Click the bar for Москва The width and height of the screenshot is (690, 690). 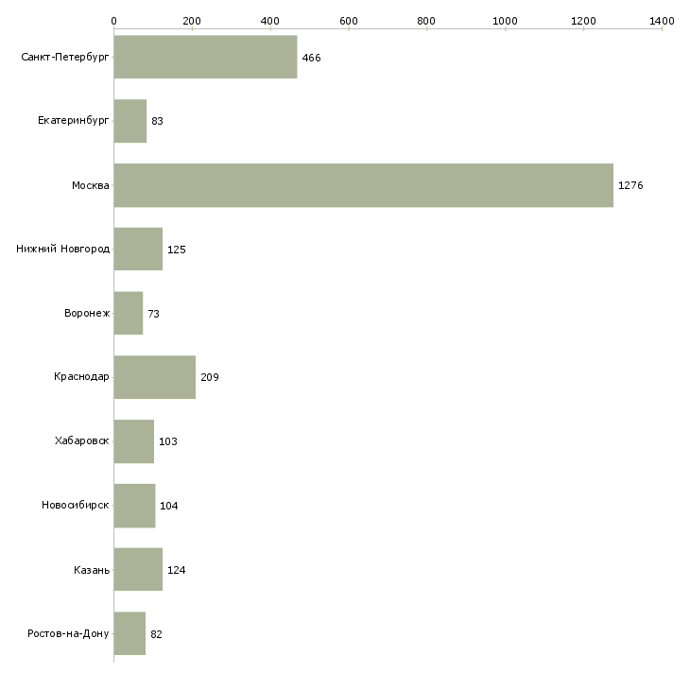pyautogui.click(x=364, y=185)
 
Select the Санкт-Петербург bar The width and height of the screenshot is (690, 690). pyautogui.click(x=205, y=57)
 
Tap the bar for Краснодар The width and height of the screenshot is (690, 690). pyautogui.click(x=155, y=377)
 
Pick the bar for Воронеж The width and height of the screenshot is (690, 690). pyautogui.click(x=129, y=313)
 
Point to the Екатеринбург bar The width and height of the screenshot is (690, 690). pyautogui.click(x=130, y=121)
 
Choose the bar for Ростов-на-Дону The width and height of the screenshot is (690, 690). pyautogui.click(x=129, y=633)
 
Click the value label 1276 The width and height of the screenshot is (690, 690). pyautogui.click(x=630, y=185)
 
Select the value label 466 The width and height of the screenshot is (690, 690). pyautogui.click(x=312, y=58)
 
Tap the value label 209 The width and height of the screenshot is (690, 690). pyautogui.click(x=210, y=377)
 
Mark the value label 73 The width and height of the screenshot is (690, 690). pyautogui.click(x=153, y=314)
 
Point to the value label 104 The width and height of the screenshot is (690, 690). pyautogui.click(x=169, y=506)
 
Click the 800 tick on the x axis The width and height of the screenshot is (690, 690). pyautogui.click(x=426, y=21)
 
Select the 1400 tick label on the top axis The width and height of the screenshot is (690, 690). pyautogui.click(x=662, y=21)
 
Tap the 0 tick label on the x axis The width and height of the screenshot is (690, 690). pyautogui.click(x=114, y=21)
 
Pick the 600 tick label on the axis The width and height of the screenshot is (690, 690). pyautogui.click(x=349, y=21)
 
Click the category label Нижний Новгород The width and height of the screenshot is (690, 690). pyautogui.click(x=63, y=250)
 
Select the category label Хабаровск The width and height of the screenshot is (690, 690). pyautogui.click(x=82, y=440)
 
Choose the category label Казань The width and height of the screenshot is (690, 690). pyautogui.click(x=92, y=570)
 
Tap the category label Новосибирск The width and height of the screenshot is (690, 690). pyautogui.click(x=76, y=505)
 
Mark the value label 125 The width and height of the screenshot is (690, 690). pyautogui.click(x=177, y=250)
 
